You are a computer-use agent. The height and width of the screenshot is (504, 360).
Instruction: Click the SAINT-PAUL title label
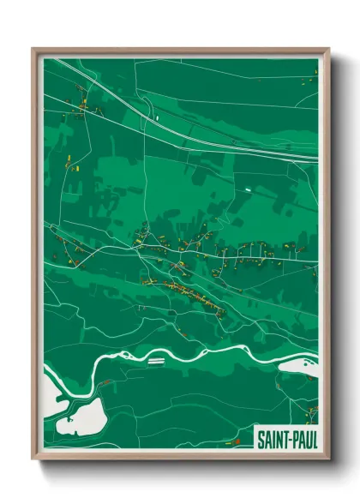[286, 438]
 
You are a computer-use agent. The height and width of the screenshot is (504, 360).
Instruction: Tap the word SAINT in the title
[273, 438]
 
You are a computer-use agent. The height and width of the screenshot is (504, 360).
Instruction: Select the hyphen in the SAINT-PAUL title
[290, 439]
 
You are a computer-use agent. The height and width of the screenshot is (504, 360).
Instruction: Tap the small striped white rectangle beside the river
[155, 361]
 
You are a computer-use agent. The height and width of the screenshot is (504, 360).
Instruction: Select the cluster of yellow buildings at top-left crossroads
[80, 106]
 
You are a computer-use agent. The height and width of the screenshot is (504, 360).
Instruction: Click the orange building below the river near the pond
[105, 381]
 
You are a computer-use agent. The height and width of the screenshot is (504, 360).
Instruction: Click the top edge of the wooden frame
[180, 51]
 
